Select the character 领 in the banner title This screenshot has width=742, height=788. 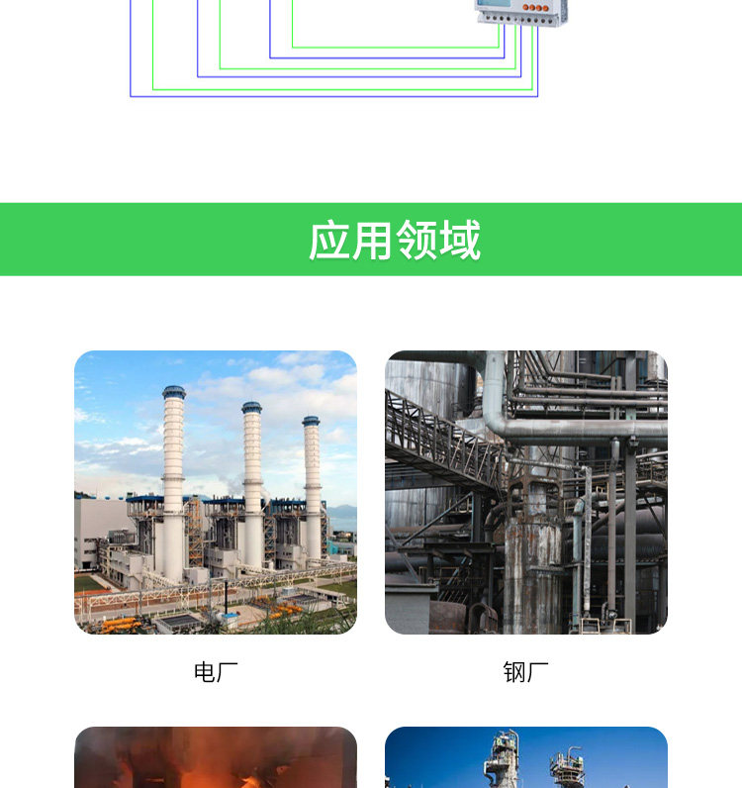point(417,241)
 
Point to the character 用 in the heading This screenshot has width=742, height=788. point(373,241)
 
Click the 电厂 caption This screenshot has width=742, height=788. point(216,673)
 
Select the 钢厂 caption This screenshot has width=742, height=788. point(525,673)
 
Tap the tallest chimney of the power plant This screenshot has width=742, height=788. point(174,475)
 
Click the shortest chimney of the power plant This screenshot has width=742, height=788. point(312,485)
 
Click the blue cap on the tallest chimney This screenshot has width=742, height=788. point(174,392)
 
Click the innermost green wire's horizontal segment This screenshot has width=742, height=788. point(396,47)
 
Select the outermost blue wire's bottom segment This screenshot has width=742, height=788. point(333,96)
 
